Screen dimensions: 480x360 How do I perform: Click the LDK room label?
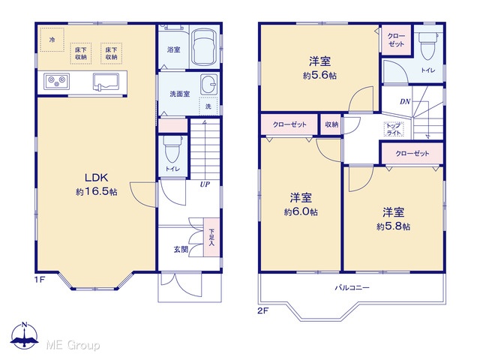96,178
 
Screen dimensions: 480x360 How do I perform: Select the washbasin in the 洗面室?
209,85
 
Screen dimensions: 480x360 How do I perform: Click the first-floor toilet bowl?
172,149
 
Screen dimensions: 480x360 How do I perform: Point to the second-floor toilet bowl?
428,46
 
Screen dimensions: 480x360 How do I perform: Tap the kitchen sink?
106,82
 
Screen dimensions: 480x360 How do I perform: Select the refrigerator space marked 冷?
52,40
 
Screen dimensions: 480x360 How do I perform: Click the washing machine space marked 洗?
208,106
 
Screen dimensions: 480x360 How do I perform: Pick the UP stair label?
205,184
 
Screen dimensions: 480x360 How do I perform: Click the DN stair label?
405,102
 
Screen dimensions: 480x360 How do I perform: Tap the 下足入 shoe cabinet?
211,237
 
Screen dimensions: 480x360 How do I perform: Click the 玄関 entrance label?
181,250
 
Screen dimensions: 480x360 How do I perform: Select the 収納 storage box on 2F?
331,124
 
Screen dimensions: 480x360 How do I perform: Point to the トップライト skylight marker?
394,130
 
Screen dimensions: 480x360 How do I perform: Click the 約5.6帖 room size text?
319,75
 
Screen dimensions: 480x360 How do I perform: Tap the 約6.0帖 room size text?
301,211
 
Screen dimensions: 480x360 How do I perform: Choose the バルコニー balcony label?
352,288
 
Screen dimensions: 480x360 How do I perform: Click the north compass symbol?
25,335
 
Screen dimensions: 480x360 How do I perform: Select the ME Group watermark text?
73,345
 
